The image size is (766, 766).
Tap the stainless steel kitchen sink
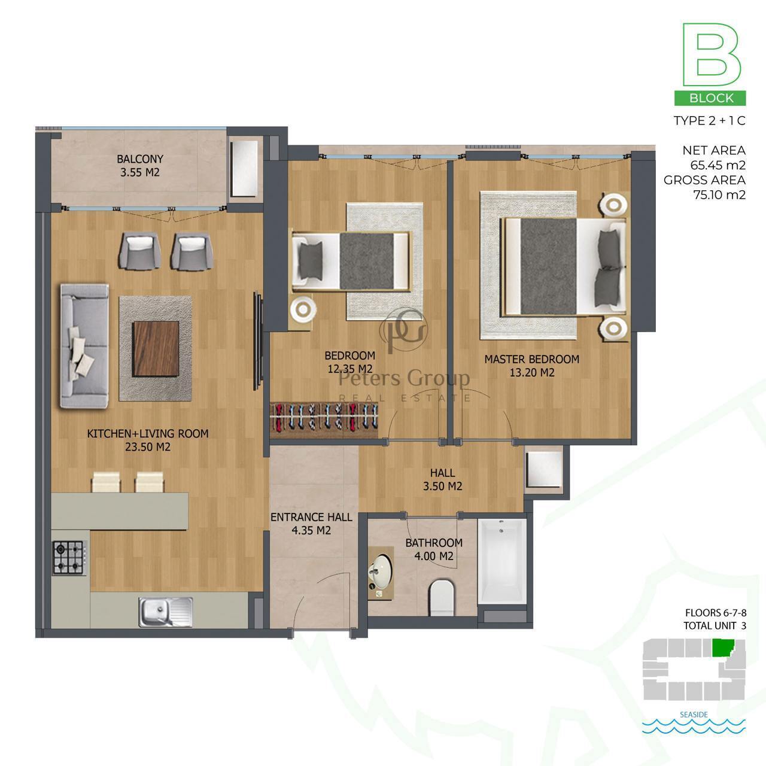click(165, 612)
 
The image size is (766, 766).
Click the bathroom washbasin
click(381, 573)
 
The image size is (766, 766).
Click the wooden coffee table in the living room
click(156, 349)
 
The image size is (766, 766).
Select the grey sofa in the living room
click(84, 346)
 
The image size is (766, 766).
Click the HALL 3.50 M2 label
click(442, 479)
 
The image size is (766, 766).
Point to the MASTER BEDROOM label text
click(532, 359)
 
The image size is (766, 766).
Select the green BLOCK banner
click(710, 98)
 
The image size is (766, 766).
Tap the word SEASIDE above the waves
click(694, 715)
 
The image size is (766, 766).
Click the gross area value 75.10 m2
click(719, 194)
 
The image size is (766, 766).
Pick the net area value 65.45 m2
click(719, 165)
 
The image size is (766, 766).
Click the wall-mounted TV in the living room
click(258, 342)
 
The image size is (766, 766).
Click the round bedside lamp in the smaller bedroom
click(303, 308)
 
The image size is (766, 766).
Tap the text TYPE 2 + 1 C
click(710, 120)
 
